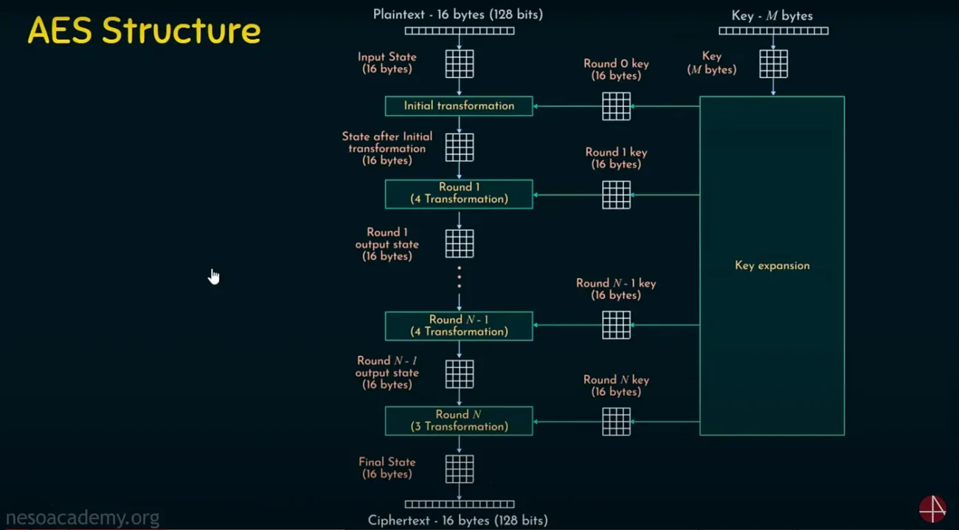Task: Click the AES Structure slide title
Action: click(144, 31)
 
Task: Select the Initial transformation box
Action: click(459, 106)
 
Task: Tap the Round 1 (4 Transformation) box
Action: click(459, 193)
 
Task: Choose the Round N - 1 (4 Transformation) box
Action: click(459, 326)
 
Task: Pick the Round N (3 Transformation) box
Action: click(459, 420)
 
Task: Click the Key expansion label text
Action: click(772, 265)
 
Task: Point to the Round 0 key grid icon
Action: click(616, 106)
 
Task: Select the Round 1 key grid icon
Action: click(616, 195)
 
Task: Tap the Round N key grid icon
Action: click(616, 422)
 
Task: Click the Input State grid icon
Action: click(460, 63)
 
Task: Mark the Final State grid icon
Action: click(460, 469)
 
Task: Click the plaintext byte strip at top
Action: click(460, 31)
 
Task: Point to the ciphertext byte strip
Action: click(460, 504)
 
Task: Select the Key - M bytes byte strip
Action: click(773, 31)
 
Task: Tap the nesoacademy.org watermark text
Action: click(82, 518)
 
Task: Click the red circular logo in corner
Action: click(932, 509)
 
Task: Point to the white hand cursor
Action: click(214, 276)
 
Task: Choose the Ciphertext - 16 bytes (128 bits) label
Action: click(457, 520)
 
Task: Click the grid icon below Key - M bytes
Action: click(773, 63)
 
